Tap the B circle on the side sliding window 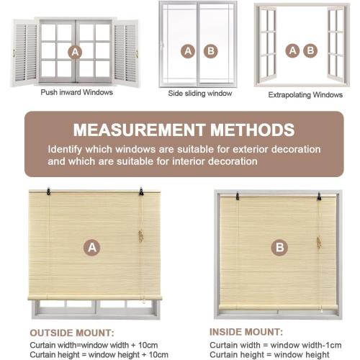click(x=210, y=51)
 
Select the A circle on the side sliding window click(x=189, y=51)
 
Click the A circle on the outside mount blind click(x=92, y=248)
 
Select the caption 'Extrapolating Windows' click(x=305, y=94)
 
